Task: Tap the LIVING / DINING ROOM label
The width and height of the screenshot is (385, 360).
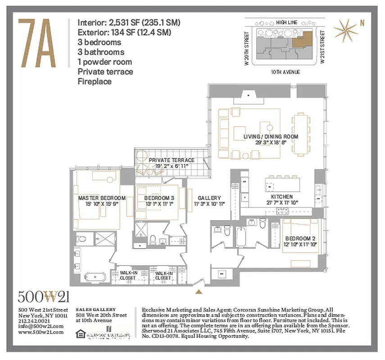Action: point(265,136)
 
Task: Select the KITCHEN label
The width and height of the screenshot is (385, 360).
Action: point(282,197)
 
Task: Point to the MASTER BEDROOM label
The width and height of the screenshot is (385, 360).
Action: point(101,198)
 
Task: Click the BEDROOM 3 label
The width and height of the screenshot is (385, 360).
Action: point(159,198)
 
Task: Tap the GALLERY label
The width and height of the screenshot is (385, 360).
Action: point(209,198)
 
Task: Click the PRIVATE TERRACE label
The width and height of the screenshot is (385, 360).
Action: point(172,160)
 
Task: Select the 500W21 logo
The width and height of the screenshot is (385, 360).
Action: point(44,297)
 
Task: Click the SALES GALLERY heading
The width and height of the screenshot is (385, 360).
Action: point(95,310)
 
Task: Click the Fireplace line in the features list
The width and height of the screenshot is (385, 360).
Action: point(95,81)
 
